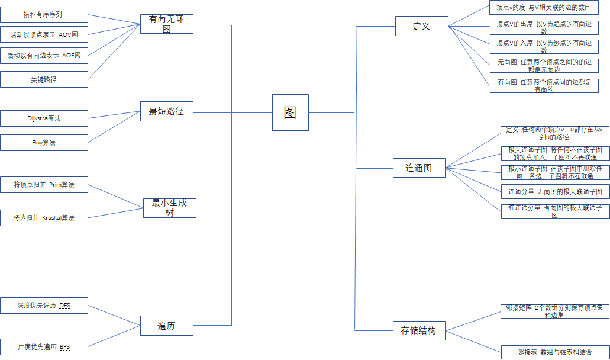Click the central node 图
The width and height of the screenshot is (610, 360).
click(290, 112)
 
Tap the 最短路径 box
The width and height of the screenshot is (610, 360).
click(167, 111)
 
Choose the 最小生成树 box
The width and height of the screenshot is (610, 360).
click(169, 208)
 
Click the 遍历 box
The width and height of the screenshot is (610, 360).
click(166, 326)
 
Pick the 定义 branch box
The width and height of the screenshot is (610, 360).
click(421, 26)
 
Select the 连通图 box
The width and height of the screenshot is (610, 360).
click(418, 168)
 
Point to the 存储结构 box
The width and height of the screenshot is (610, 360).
click(418, 330)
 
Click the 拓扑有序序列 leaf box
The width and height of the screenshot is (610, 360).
click(44, 15)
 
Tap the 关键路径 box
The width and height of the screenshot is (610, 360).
click(44, 79)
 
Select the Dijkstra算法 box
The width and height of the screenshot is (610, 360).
click(44, 118)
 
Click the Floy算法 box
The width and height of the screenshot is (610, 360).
click(44, 143)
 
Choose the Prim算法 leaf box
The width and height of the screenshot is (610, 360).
click(44, 185)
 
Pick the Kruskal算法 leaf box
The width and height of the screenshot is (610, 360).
click(44, 218)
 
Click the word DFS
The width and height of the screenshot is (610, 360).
click(64, 306)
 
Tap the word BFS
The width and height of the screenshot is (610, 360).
click(64, 347)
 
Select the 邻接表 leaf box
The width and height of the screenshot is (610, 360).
click(554, 352)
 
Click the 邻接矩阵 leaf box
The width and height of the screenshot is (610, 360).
click(554, 311)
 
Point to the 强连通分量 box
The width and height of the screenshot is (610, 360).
click(554, 211)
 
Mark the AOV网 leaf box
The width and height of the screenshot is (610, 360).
click(44, 35)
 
